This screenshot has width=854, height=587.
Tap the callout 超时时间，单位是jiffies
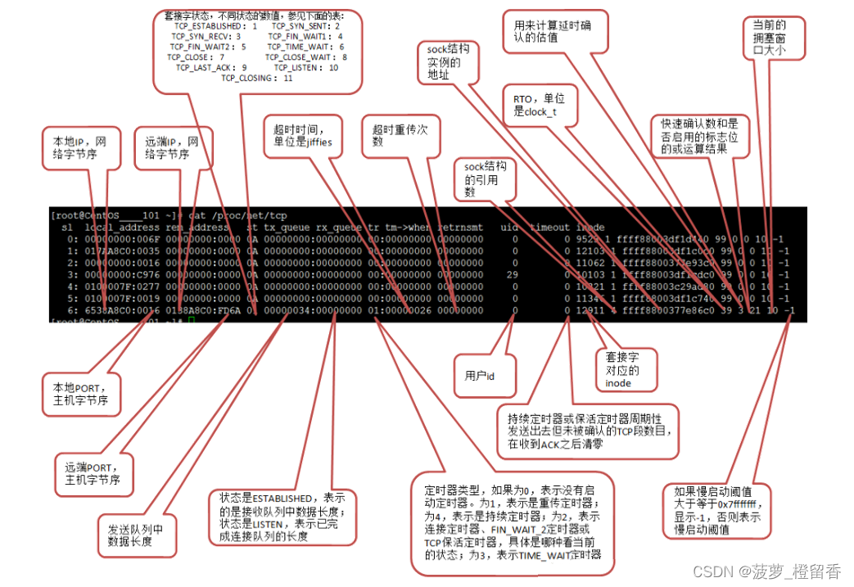(299, 136)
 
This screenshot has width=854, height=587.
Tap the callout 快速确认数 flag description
(699, 138)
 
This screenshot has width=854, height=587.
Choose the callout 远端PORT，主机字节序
(94, 472)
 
